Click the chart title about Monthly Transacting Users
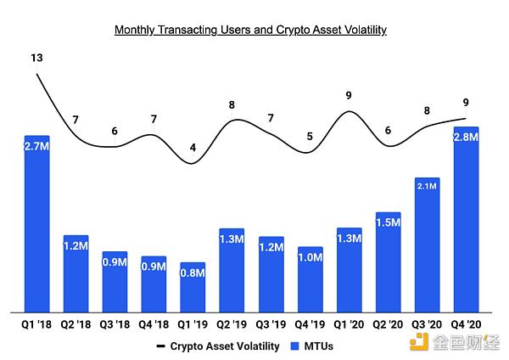[250, 30]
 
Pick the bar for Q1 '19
[193, 289]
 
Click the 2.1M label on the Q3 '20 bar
[428, 186]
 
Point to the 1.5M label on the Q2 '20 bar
[389, 222]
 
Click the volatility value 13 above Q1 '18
[36, 59]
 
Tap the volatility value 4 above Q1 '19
[193, 148]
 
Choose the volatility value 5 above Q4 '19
[310, 136]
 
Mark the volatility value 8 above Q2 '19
[232, 106]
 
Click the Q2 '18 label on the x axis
[76, 325]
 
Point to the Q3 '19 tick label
[271, 325]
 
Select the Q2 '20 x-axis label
[389, 325]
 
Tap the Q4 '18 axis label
[154, 325]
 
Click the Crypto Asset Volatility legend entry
[218, 346]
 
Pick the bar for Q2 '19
[232, 272]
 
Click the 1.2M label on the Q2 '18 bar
[76, 246]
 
